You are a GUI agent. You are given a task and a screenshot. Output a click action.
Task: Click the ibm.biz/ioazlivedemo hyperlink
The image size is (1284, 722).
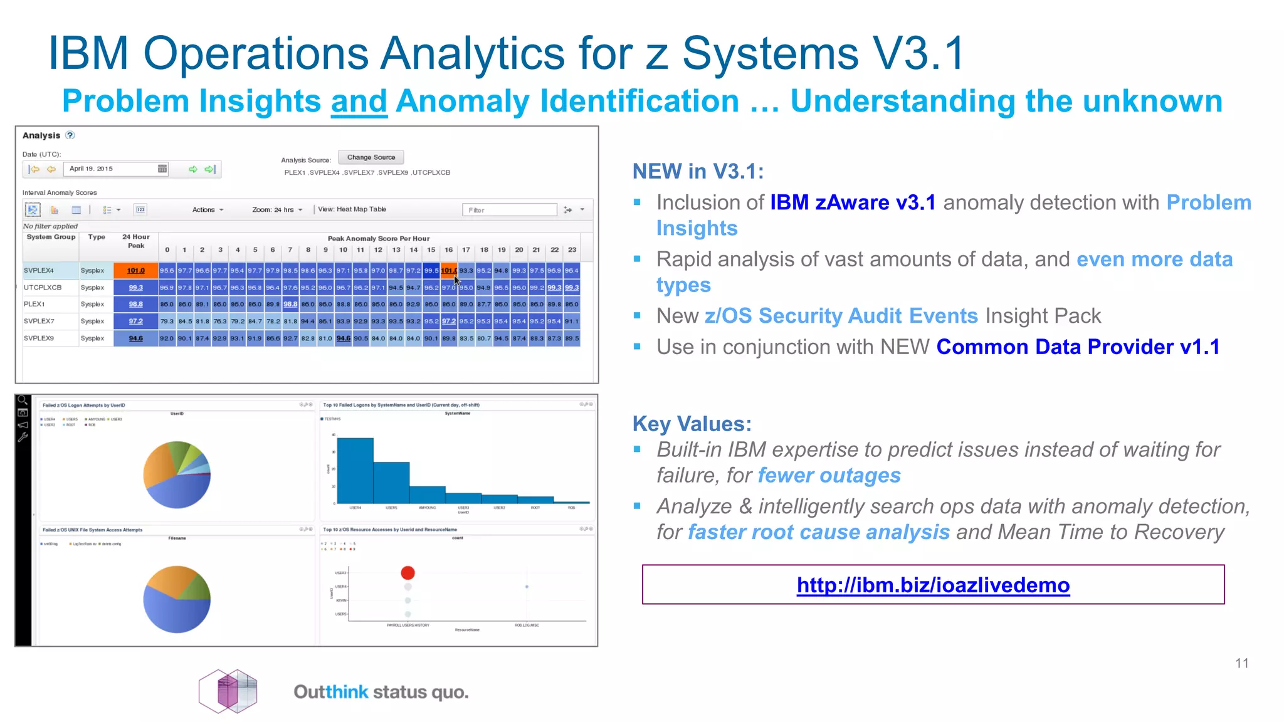[x=933, y=585]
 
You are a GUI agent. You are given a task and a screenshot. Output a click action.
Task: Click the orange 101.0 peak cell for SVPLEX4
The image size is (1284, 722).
[x=135, y=271]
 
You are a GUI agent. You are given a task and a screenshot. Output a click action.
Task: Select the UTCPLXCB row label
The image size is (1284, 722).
[x=43, y=288]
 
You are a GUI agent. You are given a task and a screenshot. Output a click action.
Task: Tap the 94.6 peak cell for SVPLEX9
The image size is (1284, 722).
[x=135, y=338]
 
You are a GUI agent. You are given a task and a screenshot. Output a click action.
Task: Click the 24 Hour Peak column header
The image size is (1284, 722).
[x=135, y=241]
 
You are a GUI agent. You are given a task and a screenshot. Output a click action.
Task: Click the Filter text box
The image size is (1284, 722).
[x=509, y=210]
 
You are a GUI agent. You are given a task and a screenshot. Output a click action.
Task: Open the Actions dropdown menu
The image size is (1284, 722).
[x=208, y=210]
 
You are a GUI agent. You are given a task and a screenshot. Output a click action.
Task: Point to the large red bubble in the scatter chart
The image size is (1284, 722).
[x=408, y=572]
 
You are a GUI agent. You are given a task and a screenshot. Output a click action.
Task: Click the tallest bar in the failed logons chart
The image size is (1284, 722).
[x=355, y=470]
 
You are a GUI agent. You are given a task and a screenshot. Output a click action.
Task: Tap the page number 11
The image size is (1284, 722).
[x=1241, y=663]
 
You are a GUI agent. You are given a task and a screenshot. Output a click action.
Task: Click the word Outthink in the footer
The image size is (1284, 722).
[x=330, y=692]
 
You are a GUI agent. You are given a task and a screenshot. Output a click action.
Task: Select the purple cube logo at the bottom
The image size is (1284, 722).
[x=228, y=691]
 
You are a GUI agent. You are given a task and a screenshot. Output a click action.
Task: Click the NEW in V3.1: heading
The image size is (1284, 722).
[x=698, y=171]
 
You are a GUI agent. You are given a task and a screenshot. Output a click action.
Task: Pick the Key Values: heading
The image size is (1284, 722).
[x=692, y=424]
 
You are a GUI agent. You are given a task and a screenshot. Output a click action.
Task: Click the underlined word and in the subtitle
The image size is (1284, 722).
[x=359, y=102]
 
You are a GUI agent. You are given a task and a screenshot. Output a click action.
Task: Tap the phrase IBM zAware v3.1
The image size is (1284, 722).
[x=853, y=202]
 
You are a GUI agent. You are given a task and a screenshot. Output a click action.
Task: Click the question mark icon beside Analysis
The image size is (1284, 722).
[x=70, y=135]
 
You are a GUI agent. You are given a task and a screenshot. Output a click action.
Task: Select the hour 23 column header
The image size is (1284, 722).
[x=572, y=249]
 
